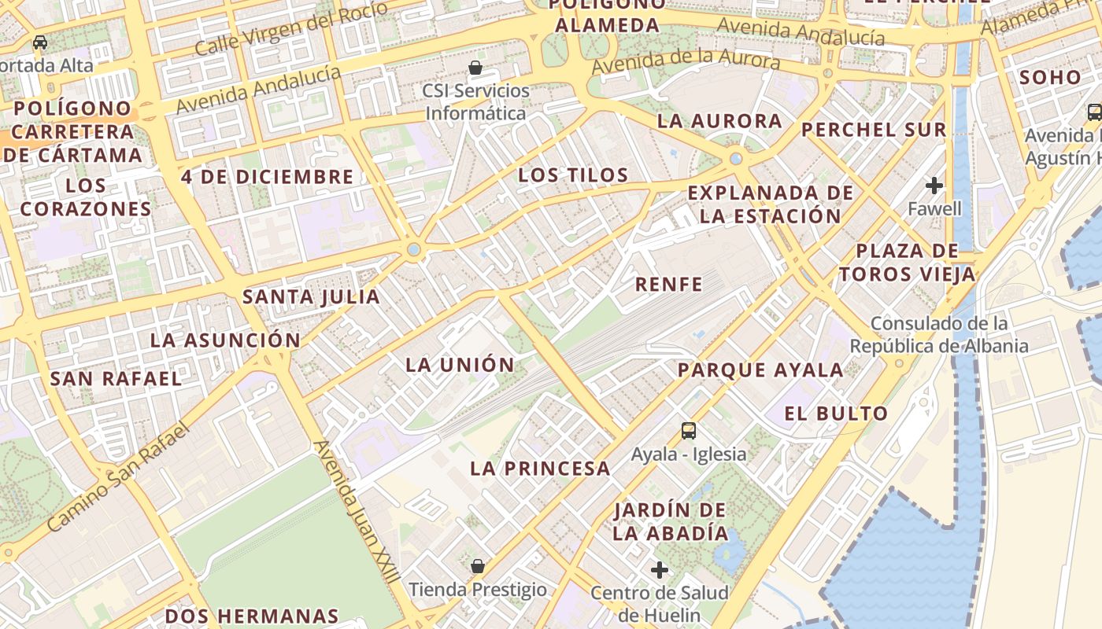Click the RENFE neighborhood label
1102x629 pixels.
click(668, 285)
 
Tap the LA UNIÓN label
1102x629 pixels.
click(460, 365)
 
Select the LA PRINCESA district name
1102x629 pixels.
click(540, 469)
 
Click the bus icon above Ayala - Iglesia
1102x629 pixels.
click(689, 430)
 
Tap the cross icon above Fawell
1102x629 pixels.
click(934, 186)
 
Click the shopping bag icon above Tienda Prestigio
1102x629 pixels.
click(477, 565)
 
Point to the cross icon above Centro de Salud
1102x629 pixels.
click(660, 569)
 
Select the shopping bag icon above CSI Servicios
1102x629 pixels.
click(475, 68)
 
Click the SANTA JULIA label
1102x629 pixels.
click(311, 297)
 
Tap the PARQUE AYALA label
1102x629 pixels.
click(760, 370)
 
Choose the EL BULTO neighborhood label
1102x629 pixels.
click(836, 414)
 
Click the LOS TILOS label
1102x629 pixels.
click(573, 175)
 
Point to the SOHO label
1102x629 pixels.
click(1050, 78)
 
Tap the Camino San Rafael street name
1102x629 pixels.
click(119, 476)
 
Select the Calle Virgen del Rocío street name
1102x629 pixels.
click(290, 28)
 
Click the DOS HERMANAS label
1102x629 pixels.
click(252, 616)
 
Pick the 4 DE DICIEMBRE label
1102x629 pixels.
click(268, 177)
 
